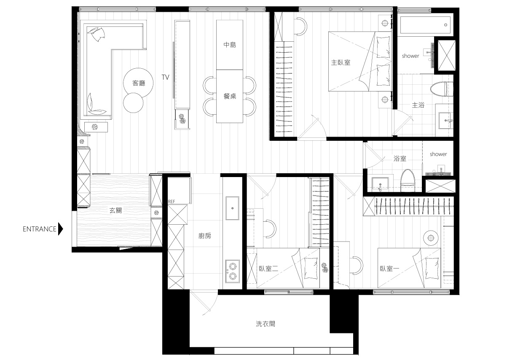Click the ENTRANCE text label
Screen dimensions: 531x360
point(39,229)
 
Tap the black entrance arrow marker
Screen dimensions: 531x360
point(61,229)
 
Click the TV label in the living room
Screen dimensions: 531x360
point(166,77)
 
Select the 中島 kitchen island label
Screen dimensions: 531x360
point(230,45)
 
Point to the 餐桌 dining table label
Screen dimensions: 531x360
point(230,96)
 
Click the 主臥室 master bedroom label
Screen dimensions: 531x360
point(341,63)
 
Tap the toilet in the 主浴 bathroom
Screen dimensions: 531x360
point(442,89)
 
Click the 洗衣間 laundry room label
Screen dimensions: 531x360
point(265,324)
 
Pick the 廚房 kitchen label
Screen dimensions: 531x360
point(204,236)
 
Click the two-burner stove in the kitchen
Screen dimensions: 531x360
point(232,271)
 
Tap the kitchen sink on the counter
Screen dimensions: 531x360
point(232,208)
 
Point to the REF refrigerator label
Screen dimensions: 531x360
point(172,201)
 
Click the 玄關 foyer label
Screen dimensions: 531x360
point(115,210)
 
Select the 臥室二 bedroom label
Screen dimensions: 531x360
point(268,269)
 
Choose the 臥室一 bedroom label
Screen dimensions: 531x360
point(389,269)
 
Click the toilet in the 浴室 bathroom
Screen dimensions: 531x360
point(408,180)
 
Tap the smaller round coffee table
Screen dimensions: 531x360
point(133,103)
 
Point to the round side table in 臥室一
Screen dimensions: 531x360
point(431,238)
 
